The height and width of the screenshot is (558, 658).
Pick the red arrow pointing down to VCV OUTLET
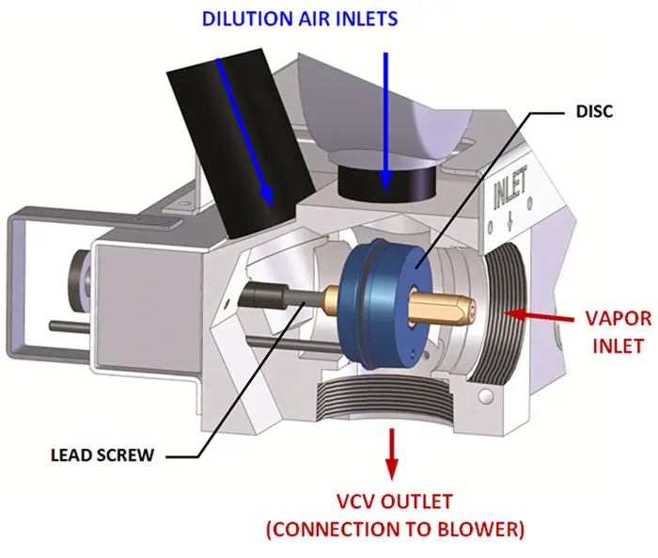pos(392,452)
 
